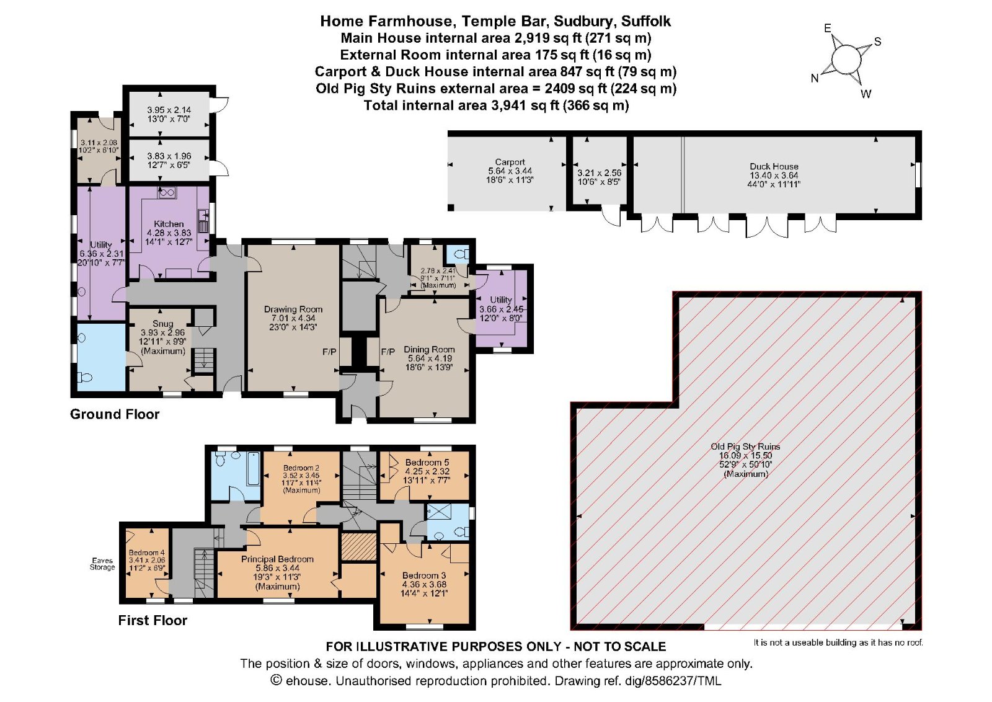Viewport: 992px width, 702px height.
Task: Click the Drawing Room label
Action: [x=293, y=309]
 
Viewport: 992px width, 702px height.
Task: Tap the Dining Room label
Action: [x=429, y=349]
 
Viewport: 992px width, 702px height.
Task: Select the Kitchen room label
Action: [x=169, y=224]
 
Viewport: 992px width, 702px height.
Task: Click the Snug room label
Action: [x=162, y=324]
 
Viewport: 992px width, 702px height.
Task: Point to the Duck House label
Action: [x=774, y=166]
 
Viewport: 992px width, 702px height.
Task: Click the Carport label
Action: [x=510, y=162]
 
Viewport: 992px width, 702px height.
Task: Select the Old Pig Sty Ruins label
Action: [x=745, y=447]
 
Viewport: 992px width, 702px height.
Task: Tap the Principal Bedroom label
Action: [x=277, y=559]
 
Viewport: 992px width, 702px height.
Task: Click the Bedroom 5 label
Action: [x=427, y=463]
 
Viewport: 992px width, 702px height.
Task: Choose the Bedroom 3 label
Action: [x=424, y=575]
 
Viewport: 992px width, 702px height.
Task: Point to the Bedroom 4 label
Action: [x=147, y=553]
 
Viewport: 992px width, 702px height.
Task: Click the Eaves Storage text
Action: [x=102, y=564]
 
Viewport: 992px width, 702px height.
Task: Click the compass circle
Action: [x=846, y=60]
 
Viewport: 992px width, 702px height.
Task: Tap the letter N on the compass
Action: [x=815, y=79]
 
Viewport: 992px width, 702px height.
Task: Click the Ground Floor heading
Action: [x=115, y=414]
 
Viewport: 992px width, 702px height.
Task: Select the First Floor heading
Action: [x=153, y=620]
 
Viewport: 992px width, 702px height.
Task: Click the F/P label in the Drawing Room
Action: [x=329, y=352]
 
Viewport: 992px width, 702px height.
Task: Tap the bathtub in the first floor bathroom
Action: [x=253, y=469]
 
